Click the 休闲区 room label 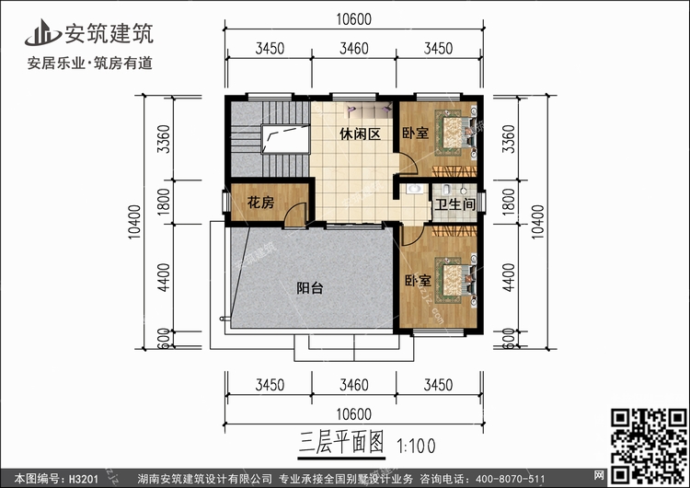point(360,134)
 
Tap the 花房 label point(260,203)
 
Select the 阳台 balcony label point(310,288)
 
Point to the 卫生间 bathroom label point(455,204)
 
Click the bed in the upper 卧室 point(456,133)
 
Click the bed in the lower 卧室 point(456,281)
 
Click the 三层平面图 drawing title point(341,442)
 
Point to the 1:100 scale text point(416,446)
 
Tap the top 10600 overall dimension point(354,19)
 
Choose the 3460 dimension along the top point(354,48)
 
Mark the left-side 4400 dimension point(163,277)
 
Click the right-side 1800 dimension point(508,202)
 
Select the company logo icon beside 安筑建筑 point(42,32)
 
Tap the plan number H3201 point(84,479)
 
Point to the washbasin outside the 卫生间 point(414,190)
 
